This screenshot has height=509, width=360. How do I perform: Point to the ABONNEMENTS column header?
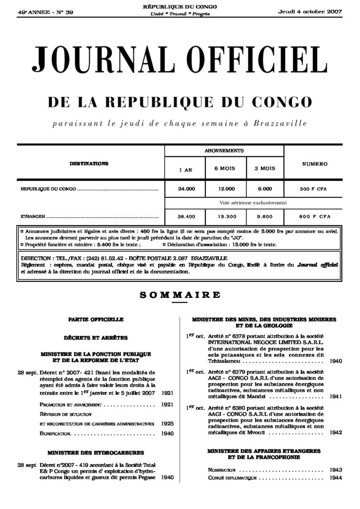pos(224,150)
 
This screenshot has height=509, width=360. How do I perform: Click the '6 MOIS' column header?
pos(224,169)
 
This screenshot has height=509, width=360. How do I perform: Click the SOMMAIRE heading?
pos(180,295)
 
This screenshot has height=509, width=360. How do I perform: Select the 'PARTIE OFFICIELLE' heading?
pos(96,319)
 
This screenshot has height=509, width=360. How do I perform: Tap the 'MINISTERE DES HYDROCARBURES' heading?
pos(96,453)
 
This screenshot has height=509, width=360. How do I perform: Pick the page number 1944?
pos(336,478)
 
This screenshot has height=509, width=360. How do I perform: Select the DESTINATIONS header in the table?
pos(89,164)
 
